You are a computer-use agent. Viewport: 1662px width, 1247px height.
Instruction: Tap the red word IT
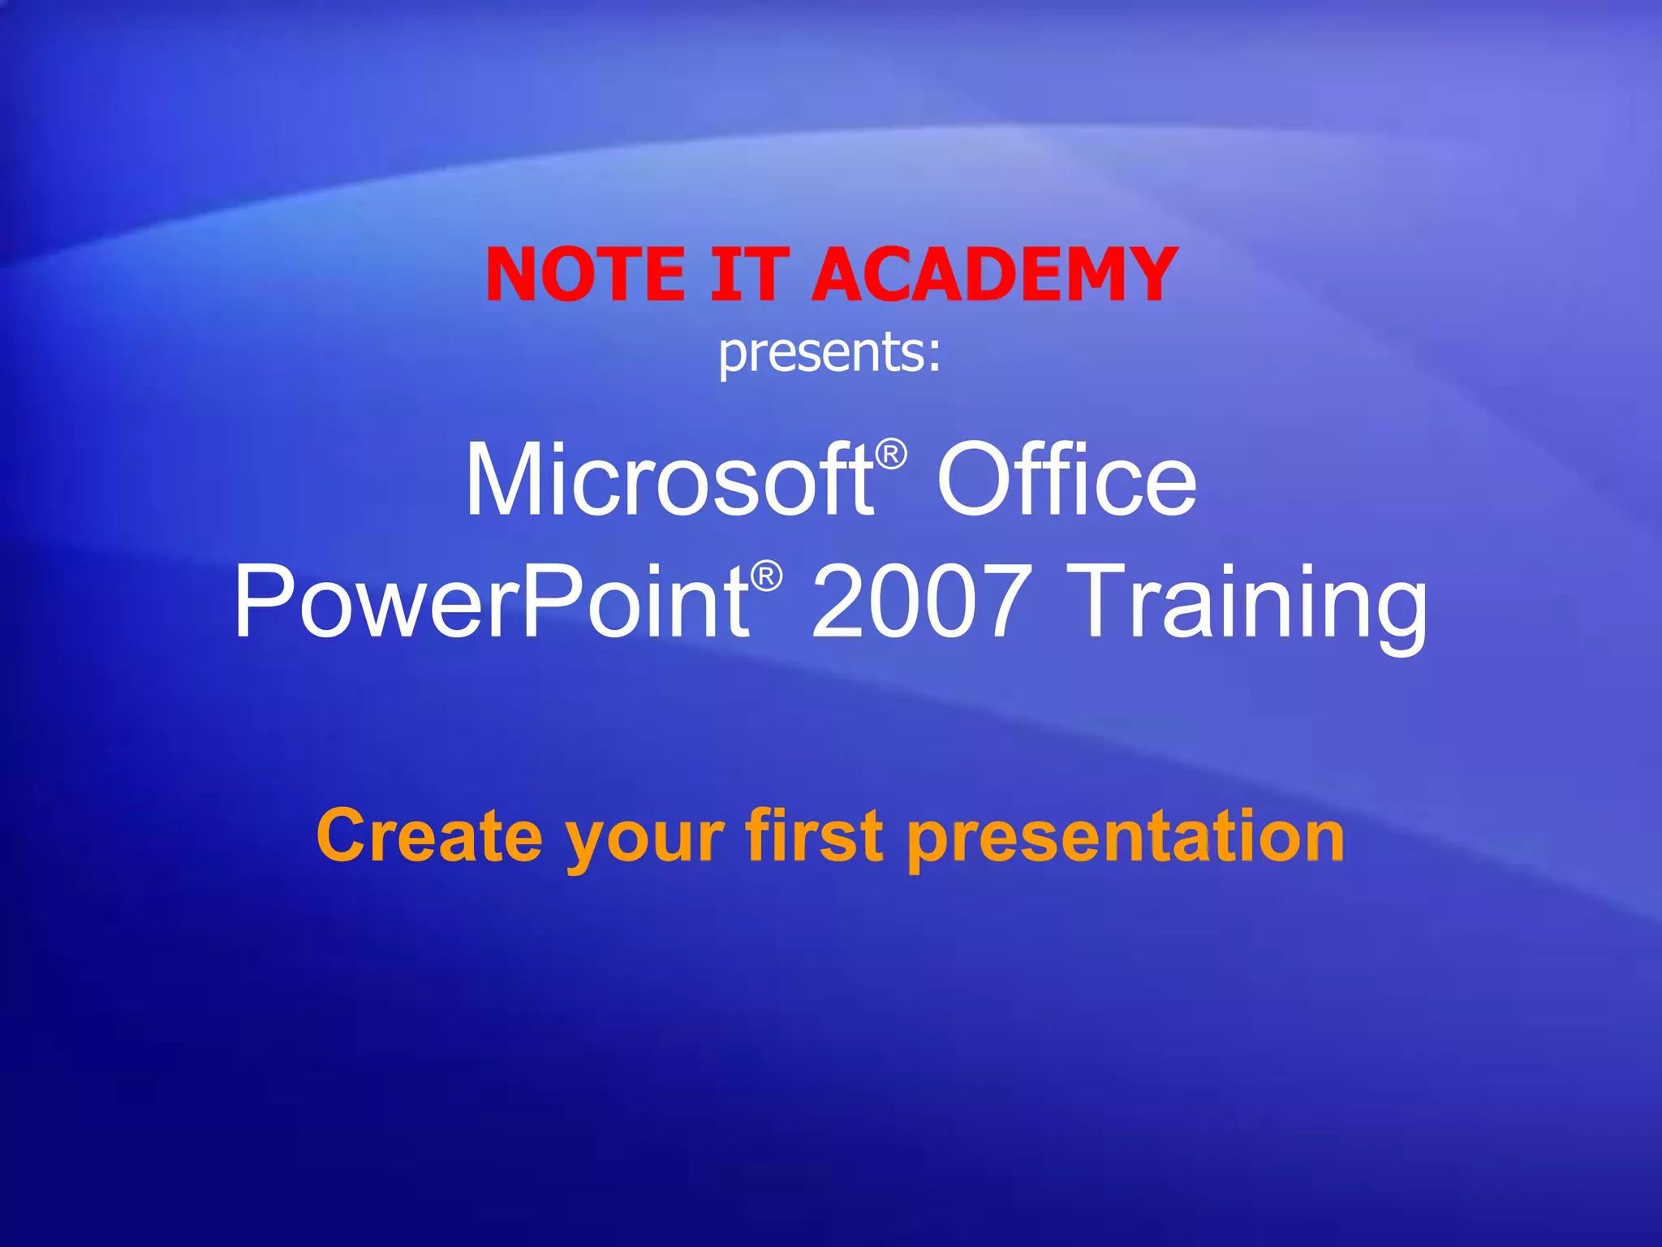click(x=748, y=274)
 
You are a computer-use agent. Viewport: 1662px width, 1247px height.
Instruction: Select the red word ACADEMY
click(x=994, y=274)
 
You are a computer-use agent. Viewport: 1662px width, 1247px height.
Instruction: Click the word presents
click(x=820, y=353)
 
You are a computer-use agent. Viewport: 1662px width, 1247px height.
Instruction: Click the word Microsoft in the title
click(x=670, y=481)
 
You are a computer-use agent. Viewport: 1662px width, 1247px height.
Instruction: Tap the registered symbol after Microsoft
click(x=892, y=454)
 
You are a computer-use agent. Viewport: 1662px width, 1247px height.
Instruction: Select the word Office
click(x=1066, y=481)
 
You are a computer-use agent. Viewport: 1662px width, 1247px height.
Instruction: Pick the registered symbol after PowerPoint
click(x=766, y=576)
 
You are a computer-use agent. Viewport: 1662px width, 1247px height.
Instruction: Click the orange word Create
click(x=428, y=836)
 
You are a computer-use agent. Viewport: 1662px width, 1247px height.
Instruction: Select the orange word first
click(x=814, y=836)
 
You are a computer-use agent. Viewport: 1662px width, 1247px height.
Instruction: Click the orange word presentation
click(x=1125, y=840)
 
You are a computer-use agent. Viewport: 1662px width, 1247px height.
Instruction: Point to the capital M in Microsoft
click(x=505, y=481)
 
